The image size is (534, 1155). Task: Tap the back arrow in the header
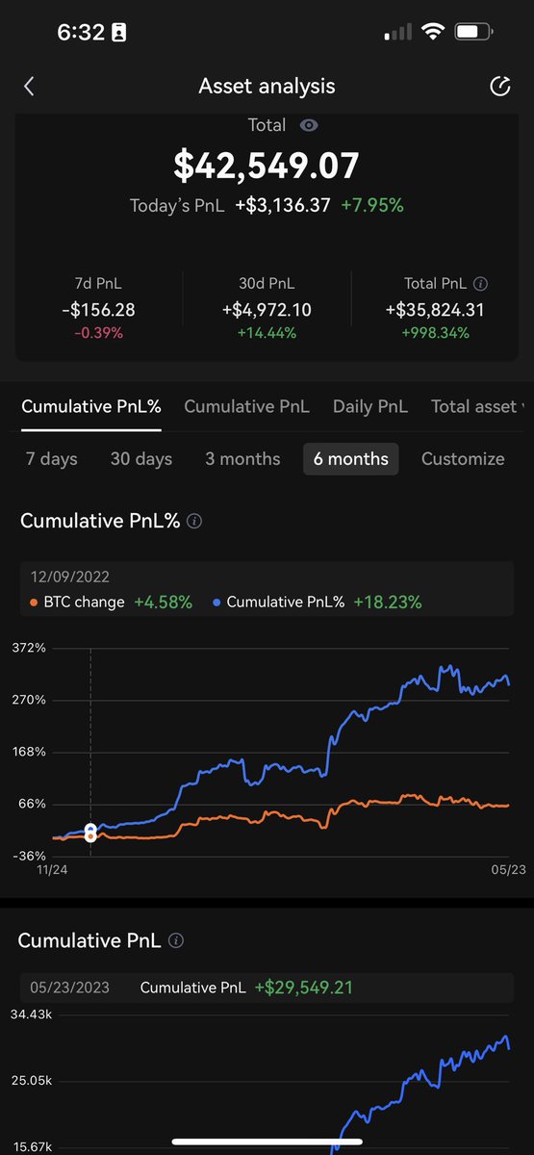pyautogui.click(x=29, y=87)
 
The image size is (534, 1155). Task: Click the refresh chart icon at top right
pyautogui.click(x=499, y=87)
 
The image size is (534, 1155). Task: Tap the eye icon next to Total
pyautogui.click(x=309, y=125)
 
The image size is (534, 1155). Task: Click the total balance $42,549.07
pyautogui.click(x=267, y=166)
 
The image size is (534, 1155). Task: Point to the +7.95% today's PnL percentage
pyautogui.click(x=372, y=205)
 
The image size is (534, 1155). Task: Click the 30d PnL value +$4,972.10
pyautogui.click(x=267, y=310)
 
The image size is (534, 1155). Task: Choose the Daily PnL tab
pyautogui.click(x=370, y=406)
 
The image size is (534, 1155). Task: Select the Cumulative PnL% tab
pyautogui.click(x=91, y=406)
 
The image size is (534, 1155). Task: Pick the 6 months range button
pyautogui.click(x=350, y=459)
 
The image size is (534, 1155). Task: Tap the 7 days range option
pyautogui.click(x=52, y=459)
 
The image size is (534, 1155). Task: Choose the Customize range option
pyautogui.click(x=463, y=459)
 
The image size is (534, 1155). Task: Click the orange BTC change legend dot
pyautogui.click(x=35, y=603)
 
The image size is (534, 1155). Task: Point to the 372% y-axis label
pyautogui.click(x=29, y=648)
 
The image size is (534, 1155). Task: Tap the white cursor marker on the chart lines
pyautogui.click(x=90, y=832)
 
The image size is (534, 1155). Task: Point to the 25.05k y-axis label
pyautogui.click(x=32, y=1081)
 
